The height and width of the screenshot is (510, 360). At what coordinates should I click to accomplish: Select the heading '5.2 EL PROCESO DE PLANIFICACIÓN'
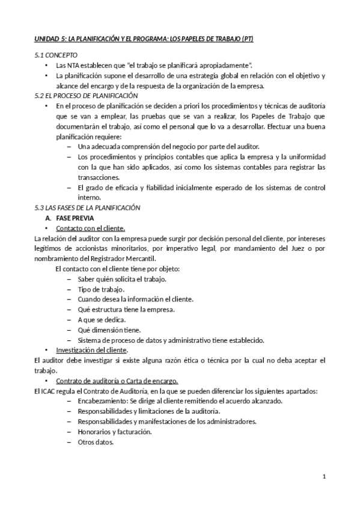86,96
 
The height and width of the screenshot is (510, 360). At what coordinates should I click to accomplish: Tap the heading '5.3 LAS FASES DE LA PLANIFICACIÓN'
87,207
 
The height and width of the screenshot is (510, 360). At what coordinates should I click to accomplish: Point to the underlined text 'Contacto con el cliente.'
90,228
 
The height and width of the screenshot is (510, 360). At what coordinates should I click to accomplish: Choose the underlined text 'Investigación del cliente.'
91,350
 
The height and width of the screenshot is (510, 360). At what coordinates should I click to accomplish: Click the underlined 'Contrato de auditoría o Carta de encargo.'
117,381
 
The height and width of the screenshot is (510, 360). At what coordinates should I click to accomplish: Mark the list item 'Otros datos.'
96,442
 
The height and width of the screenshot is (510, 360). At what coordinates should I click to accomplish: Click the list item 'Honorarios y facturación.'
114,432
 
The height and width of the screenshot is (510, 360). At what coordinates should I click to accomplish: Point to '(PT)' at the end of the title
246,39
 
